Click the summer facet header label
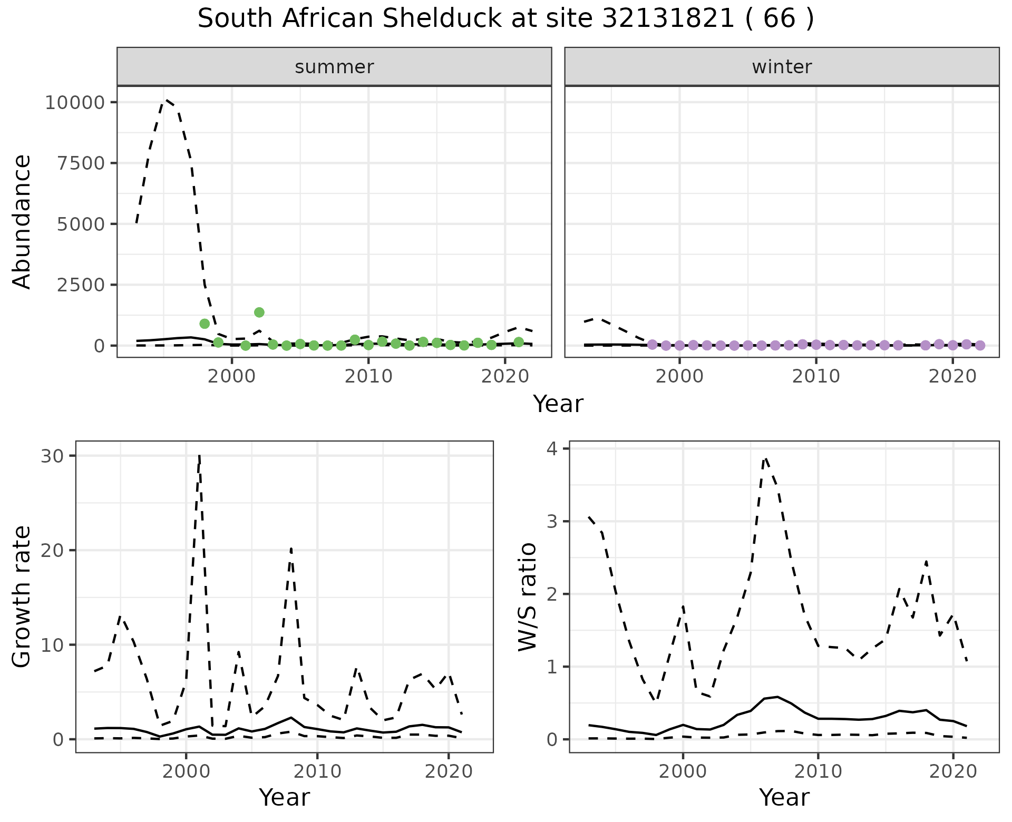(334, 67)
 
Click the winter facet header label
(782, 67)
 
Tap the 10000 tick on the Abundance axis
(75, 102)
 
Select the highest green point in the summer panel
(259, 312)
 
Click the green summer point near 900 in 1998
(205, 324)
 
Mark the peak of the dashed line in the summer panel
(166, 99)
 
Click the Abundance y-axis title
(22, 221)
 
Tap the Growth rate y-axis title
(22, 596)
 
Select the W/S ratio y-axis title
(527, 596)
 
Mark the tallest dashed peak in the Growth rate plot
(199, 456)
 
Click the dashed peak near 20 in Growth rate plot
(291, 549)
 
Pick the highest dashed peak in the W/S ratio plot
(766, 458)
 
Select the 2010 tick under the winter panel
(816, 376)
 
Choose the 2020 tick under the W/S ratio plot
(953, 772)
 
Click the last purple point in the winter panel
(980, 346)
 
